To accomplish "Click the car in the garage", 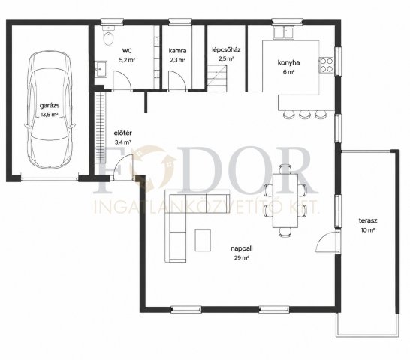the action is click(x=50, y=109).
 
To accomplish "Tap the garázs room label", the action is click(x=50, y=105).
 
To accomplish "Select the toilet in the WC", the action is click(x=109, y=36).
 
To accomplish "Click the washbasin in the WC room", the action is click(x=101, y=69).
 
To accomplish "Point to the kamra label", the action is click(x=177, y=51).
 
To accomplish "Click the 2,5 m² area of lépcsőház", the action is click(x=226, y=58).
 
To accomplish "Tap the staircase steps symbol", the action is click(x=217, y=78).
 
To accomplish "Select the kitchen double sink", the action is click(x=283, y=33).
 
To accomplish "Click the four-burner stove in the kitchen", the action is click(x=326, y=64).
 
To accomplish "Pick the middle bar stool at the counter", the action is click(x=304, y=114).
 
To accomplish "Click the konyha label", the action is click(x=288, y=62).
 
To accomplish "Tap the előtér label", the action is click(x=123, y=133).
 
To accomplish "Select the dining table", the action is click(x=285, y=201).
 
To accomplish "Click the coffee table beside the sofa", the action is click(x=203, y=240).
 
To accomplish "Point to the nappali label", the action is click(x=242, y=248).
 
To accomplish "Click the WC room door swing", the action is click(x=122, y=81).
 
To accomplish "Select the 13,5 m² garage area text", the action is click(x=50, y=115).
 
